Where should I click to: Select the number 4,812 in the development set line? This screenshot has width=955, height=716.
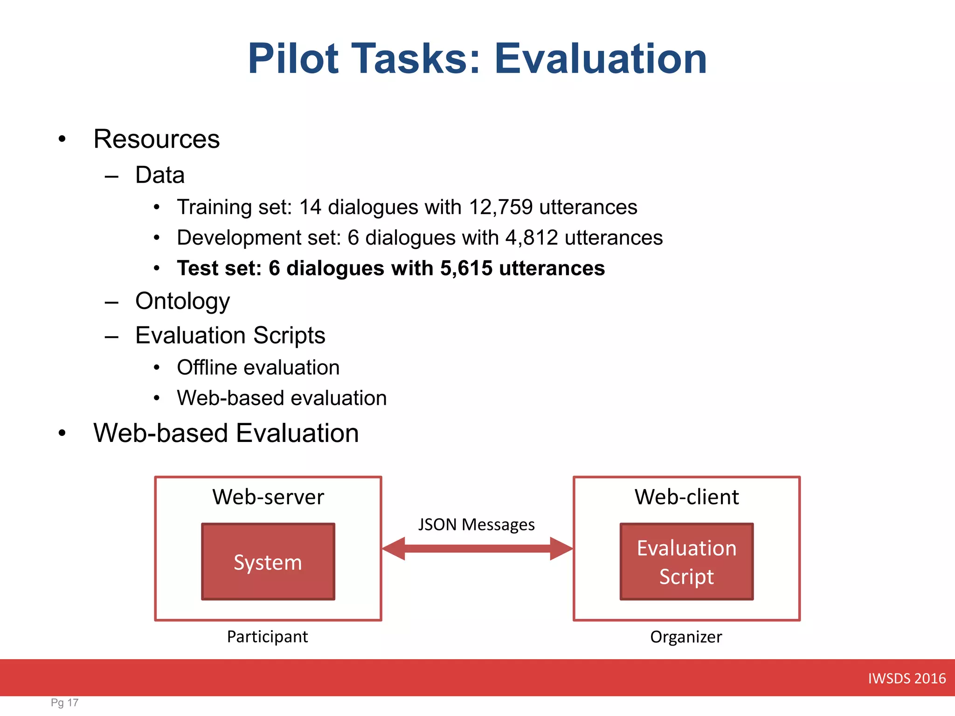532,238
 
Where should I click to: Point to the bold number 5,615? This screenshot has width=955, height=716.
466,268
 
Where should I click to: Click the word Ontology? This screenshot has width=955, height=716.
182,301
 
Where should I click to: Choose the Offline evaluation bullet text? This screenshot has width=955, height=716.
258,368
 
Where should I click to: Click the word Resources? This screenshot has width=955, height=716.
156,139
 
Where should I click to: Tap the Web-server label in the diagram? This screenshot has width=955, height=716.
268,497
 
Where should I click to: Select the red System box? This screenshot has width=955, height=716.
268,562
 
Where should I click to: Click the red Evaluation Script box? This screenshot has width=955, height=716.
686,562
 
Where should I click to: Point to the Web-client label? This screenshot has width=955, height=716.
686,497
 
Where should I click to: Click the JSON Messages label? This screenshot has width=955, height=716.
476,525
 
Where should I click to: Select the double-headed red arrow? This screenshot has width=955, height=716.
477,549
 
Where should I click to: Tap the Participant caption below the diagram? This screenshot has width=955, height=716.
267,637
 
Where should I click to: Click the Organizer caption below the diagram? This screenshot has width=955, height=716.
686,637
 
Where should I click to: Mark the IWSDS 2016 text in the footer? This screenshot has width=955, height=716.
907,678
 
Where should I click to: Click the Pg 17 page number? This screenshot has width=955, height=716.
64,702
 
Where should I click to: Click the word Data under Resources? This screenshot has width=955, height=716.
160,175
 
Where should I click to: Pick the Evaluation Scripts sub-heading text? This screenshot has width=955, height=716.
230,336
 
